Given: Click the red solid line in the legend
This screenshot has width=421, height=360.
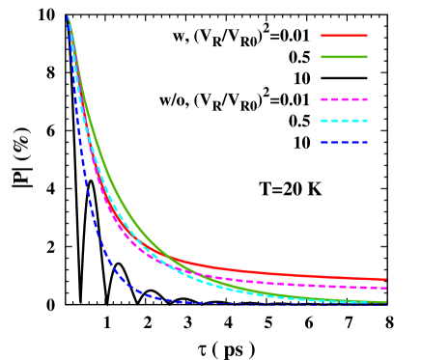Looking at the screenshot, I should pos(344,36).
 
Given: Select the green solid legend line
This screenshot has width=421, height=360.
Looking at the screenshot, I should pos(344,57).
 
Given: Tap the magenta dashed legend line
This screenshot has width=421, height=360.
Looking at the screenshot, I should pos(344,99).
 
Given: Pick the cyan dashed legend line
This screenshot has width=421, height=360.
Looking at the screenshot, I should pos(344,122).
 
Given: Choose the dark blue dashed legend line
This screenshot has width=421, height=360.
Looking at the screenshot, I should pos(344,143).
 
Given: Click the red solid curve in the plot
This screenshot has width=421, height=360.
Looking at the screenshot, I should pos(290,274).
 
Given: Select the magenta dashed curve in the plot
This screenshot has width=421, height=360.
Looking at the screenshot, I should pos(290,283).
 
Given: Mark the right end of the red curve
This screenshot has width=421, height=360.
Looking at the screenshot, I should pos(385,280).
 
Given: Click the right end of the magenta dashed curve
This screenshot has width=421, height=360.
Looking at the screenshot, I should pos(385,288).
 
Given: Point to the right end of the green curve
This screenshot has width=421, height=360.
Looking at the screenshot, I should pos(385,302).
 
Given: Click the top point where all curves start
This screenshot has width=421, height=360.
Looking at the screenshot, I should pos(68,16).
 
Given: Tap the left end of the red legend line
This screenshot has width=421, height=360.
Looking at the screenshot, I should pos(323,36).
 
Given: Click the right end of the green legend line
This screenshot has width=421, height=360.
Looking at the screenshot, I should pos(366,57).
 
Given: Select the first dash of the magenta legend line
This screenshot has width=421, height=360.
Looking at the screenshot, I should pos(325,99).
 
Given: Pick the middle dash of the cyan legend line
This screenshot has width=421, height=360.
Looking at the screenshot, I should pos(344,122).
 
